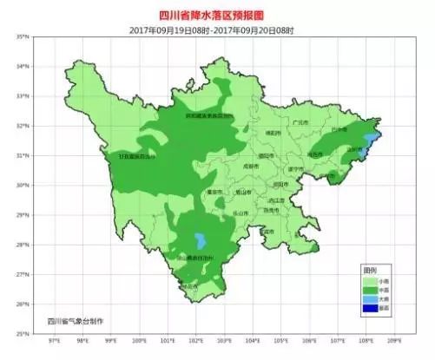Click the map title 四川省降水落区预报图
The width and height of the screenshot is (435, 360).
pos(217,15)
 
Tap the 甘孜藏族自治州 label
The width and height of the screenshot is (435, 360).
pos(138,157)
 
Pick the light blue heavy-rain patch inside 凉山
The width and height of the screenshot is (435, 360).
pos(201,239)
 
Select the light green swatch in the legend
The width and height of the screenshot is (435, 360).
pos(371,281)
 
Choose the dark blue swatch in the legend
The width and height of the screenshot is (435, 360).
pos(371,306)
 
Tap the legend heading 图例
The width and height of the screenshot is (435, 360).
pos(371,272)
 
